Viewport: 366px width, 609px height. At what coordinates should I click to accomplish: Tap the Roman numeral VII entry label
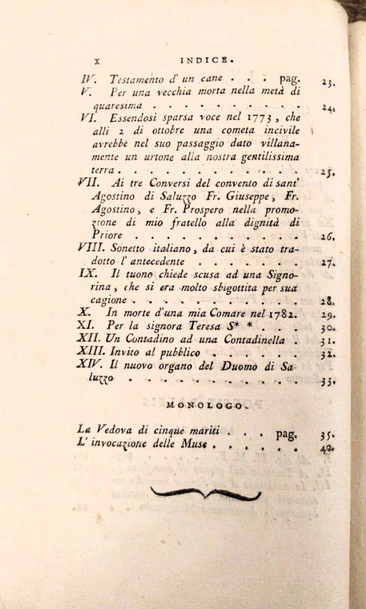(89, 181)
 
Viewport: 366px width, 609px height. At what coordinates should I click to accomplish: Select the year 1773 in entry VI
(250, 118)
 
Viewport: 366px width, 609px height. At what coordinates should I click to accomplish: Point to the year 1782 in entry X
(281, 313)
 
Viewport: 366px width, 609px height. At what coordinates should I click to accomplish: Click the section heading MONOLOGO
(203, 404)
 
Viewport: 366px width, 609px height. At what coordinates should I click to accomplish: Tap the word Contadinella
(251, 339)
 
